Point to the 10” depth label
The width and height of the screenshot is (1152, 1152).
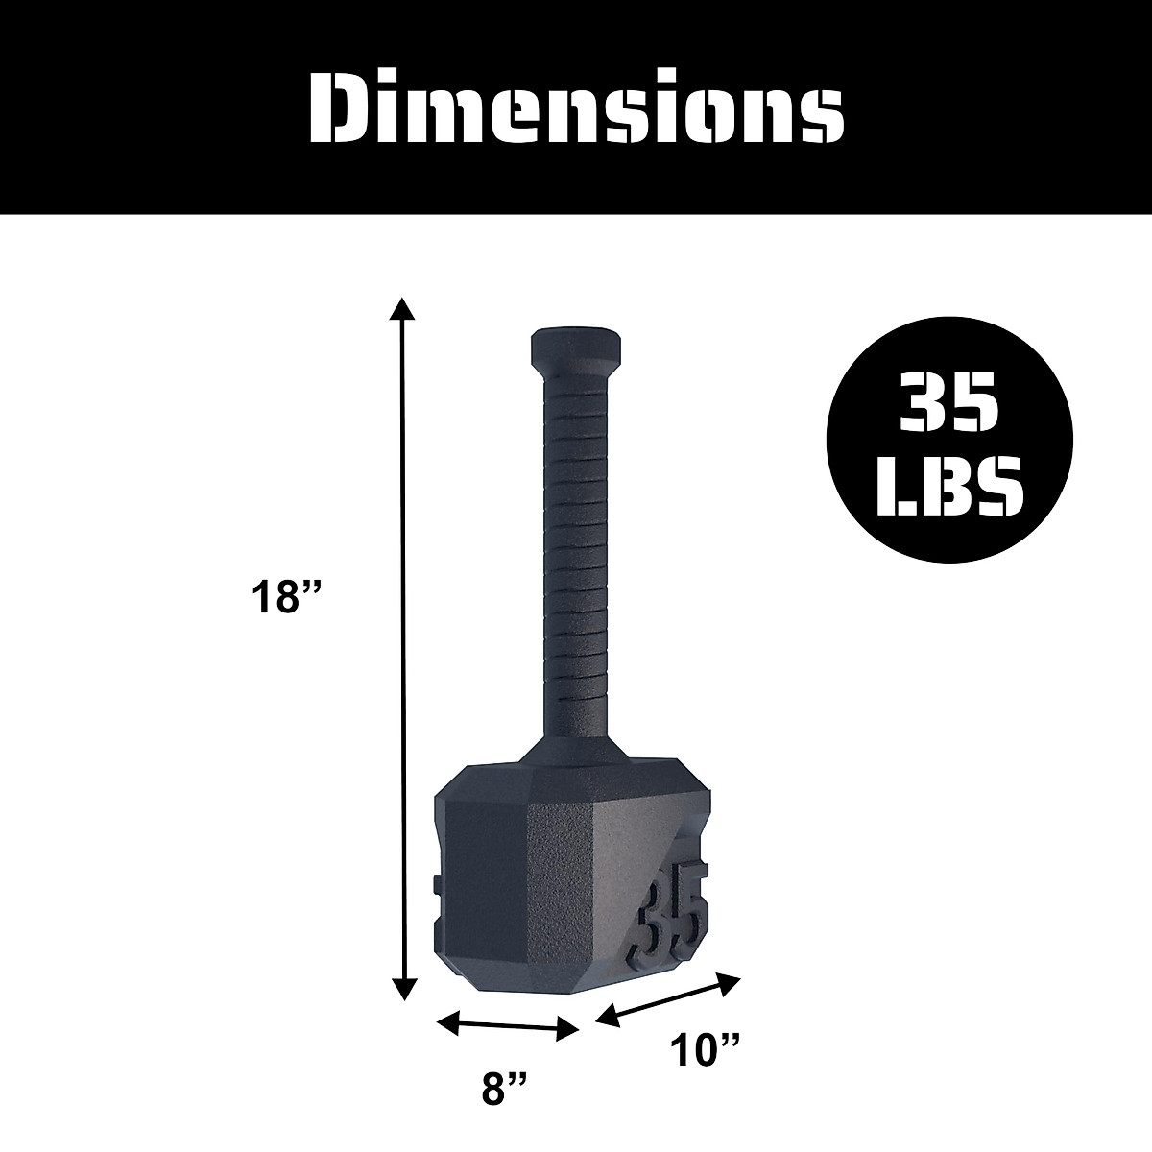click(706, 1049)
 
